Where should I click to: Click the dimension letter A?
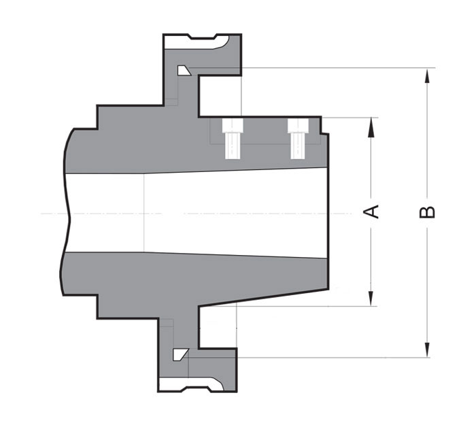click(x=371, y=211)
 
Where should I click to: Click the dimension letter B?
click(x=427, y=211)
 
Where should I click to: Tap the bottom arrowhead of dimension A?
click(x=371, y=300)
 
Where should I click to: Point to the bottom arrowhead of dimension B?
click(x=427, y=351)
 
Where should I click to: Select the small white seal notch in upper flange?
click(x=183, y=70)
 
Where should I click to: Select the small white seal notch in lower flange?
click(x=180, y=354)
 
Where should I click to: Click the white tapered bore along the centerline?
click(x=238, y=211)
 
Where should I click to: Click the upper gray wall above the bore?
click(x=136, y=146)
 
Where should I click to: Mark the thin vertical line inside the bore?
click(x=145, y=211)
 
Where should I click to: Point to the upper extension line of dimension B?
click(x=340, y=67)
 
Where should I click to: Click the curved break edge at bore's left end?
click(x=67, y=211)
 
